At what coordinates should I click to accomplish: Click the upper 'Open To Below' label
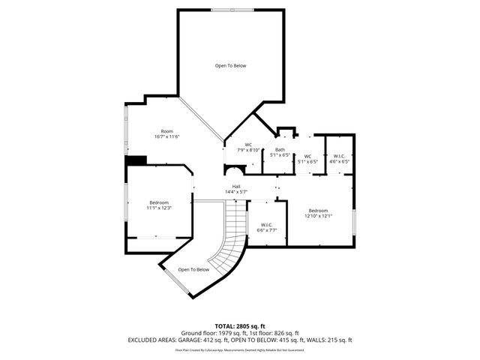coord(230,66)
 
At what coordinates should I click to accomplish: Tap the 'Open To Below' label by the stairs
coord(193,270)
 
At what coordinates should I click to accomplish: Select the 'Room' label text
coord(167,131)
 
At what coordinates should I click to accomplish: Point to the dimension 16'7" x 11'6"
coord(167,137)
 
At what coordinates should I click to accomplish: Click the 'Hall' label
coord(235,186)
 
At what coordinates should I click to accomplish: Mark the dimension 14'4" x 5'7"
coord(235,192)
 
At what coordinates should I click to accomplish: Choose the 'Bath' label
coord(280,150)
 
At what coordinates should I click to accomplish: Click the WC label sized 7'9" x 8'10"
coord(249,145)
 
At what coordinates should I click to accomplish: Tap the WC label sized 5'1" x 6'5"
coord(307,156)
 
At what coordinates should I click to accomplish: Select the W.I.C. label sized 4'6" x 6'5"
coord(340,156)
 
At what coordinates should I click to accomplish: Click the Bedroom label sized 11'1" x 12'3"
coord(159,202)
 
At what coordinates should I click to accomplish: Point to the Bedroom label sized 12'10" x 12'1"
coord(318,210)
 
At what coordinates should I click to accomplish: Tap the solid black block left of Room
coord(136,160)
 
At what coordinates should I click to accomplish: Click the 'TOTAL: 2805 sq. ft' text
coord(240,325)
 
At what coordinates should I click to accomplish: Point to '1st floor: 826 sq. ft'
coord(274,332)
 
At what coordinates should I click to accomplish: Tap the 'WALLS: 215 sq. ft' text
coord(329,340)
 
